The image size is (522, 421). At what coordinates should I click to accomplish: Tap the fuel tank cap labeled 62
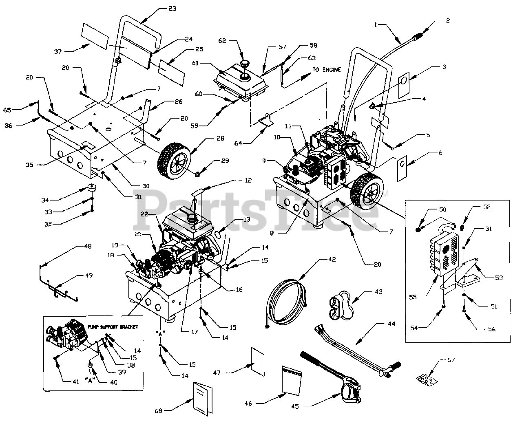[245, 64]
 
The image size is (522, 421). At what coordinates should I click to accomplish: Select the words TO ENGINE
[327, 70]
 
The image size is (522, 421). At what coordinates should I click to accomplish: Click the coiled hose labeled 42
[285, 301]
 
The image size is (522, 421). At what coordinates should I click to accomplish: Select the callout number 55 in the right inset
[413, 297]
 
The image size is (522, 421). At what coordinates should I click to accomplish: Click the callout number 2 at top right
[447, 21]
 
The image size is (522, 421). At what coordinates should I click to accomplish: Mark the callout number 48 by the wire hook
[87, 246]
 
